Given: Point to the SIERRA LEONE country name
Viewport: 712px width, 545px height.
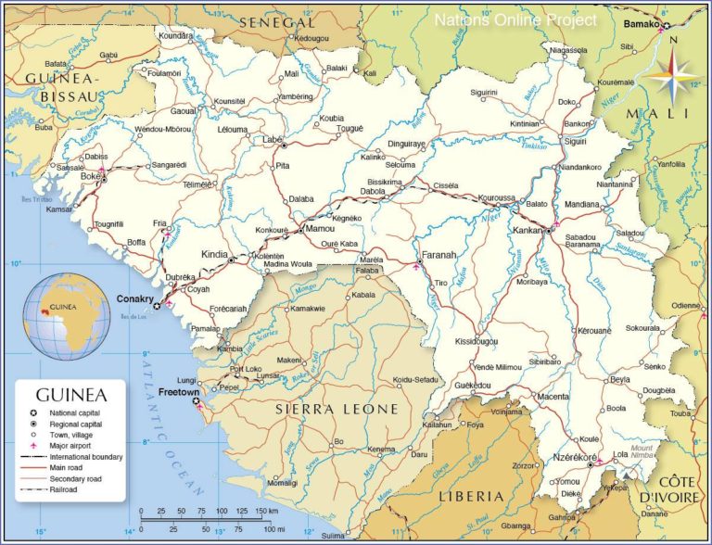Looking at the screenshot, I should click(337, 409).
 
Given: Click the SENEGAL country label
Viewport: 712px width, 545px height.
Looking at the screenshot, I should click(275, 21).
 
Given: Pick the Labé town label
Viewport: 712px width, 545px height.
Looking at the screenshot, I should click(273, 139).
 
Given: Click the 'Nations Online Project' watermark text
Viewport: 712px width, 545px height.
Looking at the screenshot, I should click(516, 19).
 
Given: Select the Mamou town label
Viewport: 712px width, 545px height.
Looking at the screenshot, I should click(320, 227).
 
